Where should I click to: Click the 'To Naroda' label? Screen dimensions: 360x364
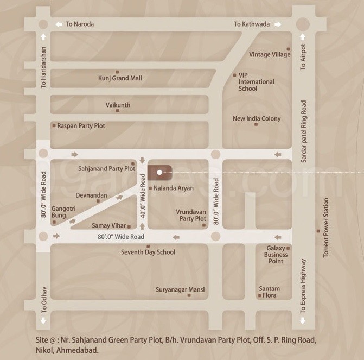tap(79, 24)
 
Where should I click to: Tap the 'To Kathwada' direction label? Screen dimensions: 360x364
tap(251, 24)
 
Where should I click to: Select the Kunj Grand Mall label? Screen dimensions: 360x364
tap(120, 78)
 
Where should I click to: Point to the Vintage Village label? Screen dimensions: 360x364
tap(270, 54)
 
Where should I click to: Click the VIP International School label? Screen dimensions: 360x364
tap(256, 82)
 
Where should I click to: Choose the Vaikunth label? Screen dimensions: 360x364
tap(118, 105)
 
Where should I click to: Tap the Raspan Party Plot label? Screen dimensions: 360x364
tap(81, 125)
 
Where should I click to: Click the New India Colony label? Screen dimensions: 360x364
tap(257, 118)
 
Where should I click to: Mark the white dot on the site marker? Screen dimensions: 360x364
tap(159, 173)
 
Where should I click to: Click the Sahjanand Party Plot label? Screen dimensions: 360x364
tap(106, 169)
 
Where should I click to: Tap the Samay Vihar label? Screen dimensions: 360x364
tap(108, 225)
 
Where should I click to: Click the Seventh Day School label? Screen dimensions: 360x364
tap(148, 252)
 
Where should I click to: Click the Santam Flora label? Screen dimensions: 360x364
tap(269, 292)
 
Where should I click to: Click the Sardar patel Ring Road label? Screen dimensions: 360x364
tap(304, 131)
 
